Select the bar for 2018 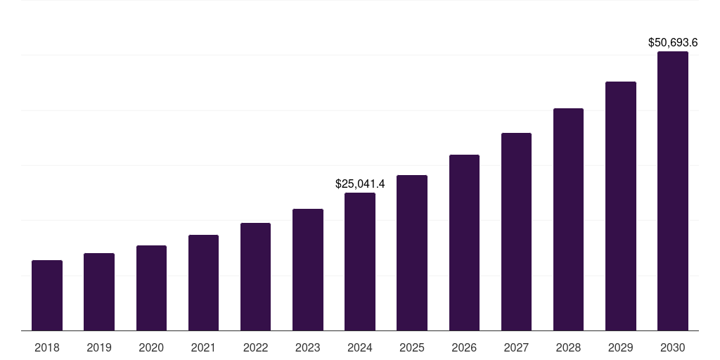tap(47, 295)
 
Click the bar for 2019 tap(99, 292)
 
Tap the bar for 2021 tap(203, 283)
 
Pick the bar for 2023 tap(308, 269)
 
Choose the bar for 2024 tap(360, 262)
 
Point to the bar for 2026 tap(464, 243)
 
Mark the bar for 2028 tap(568, 219)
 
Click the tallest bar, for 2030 tap(673, 191)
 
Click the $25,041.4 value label tap(360, 184)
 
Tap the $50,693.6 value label tap(673, 43)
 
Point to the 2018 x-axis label tap(47, 347)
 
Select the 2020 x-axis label tap(151, 347)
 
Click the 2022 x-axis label tap(255, 347)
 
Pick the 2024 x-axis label tap(360, 347)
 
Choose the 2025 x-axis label tap(412, 347)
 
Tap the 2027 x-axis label tap(516, 347)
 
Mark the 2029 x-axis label tap(621, 347)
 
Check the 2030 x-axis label tap(673, 347)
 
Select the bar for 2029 tap(621, 206)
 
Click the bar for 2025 tap(412, 253)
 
